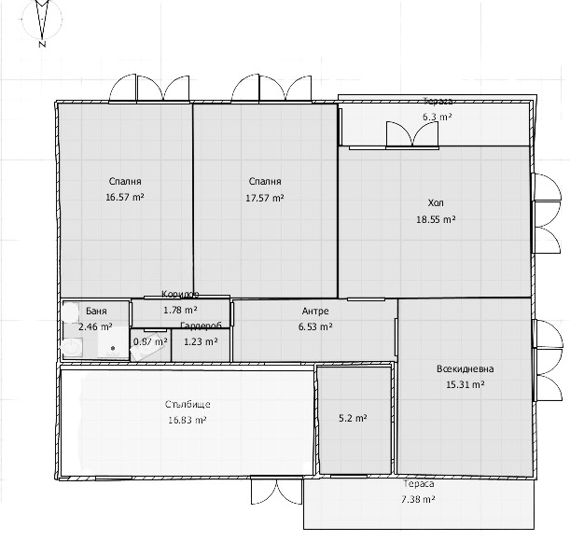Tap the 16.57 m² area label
[x=125, y=197]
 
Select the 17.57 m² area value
[x=265, y=197]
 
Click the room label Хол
[x=436, y=202]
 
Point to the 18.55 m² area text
[x=436, y=219]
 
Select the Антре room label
[x=314, y=312]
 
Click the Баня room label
[x=95, y=312]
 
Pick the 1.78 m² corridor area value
[x=179, y=310]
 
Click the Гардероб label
[x=201, y=326]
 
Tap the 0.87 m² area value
[x=150, y=341]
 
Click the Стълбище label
[x=188, y=405]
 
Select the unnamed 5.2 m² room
[x=353, y=419]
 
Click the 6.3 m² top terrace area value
[x=437, y=118]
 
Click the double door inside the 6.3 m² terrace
[x=412, y=134]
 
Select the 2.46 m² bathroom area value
[x=95, y=327]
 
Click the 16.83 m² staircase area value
[x=188, y=421]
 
